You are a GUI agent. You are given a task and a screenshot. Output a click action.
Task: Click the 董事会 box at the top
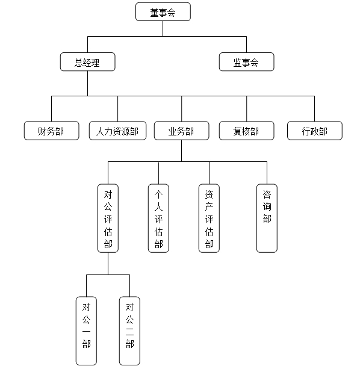click(x=163, y=11)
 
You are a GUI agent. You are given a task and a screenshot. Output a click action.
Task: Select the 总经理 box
click(x=87, y=62)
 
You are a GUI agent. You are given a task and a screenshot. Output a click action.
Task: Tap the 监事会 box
click(x=247, y=62)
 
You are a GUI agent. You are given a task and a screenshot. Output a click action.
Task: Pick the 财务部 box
click(x=52, y=131)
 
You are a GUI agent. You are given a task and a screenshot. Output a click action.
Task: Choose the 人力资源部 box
click(x=118, y=131)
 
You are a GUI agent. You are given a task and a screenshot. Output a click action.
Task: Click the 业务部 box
click(x=182, y=131)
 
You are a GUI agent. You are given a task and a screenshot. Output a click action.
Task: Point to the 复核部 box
click(x=247, y=131)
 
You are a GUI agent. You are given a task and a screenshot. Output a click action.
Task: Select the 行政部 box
click(x=315, y=131)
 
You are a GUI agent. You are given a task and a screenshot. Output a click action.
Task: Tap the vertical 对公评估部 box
click(x=108, y=219)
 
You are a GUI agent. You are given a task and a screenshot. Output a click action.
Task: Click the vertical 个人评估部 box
click(x=158, y=219)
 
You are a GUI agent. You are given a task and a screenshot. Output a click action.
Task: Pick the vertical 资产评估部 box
click(x=209, y=219)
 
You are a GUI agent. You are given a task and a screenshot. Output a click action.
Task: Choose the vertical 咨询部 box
click(x=267, y=219)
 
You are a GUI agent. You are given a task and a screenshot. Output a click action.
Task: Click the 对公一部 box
click(x=86, y=330)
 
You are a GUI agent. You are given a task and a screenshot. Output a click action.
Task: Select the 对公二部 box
click(x=129, y=330)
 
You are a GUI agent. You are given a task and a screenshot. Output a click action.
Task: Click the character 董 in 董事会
click(x=154, y=13)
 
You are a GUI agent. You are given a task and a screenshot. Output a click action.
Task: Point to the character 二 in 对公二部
click(x=130, y=332)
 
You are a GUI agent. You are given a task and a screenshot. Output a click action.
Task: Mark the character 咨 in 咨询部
click(x=267, y=194)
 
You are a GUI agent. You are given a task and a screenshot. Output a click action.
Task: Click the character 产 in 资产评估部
click(x=209, y=206)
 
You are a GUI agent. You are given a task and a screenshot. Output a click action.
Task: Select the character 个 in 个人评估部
click(x=159, y=194)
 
